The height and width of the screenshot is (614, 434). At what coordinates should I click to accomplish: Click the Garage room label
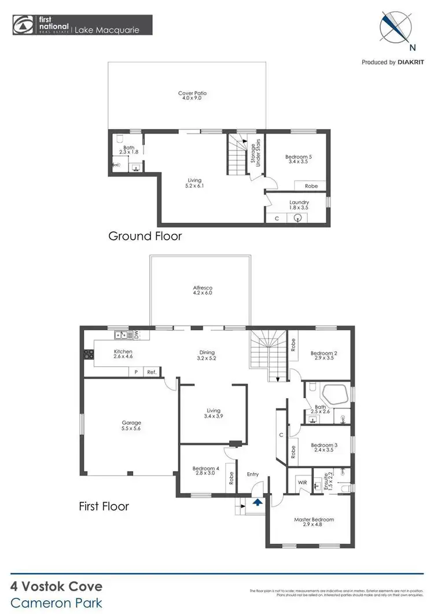coord(131,426)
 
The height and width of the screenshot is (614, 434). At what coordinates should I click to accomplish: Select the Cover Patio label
coord(192,96)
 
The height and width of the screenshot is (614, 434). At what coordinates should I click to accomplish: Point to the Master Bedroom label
coord(314,523)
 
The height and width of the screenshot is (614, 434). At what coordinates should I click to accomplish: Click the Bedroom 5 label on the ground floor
coord(298,159)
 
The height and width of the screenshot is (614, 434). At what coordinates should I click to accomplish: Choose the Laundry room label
coord(299,205)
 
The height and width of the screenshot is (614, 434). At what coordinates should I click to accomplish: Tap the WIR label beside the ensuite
coord(302,481)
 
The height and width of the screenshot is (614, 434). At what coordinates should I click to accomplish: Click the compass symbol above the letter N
coord(395,27)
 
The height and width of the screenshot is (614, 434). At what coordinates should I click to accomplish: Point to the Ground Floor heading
coord(145,236)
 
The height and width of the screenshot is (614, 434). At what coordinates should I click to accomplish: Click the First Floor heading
coord(104,506)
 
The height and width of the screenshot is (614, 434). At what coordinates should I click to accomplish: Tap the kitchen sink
coord(122,334)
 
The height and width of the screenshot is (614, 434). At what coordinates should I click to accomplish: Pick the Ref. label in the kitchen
coord(152,373)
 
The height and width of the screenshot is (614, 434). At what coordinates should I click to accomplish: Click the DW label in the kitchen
coord(137,334)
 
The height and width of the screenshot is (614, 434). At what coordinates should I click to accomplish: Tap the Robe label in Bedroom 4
coord(230,479)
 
